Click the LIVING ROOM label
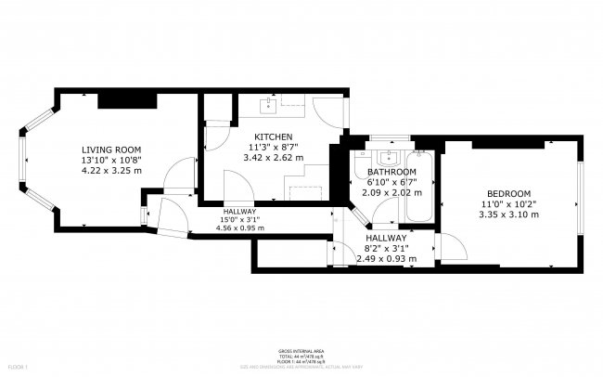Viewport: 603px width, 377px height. (x=110, y=149)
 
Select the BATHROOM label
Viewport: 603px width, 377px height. (x=391, y=172)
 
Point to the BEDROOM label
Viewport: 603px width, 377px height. (x=507, y=193)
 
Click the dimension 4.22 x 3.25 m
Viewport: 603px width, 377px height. (x=110, y=170)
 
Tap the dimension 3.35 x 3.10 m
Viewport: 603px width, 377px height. (x=507, y=214)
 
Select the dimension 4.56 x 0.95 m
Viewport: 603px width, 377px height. (x=237, y=227)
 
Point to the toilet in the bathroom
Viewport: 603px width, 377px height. (x=362, y=168)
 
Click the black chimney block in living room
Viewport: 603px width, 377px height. (x=118, y=99)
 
